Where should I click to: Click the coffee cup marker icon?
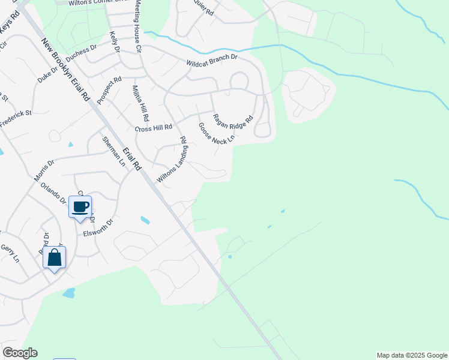80,207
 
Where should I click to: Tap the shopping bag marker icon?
55,257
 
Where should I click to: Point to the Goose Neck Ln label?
216,133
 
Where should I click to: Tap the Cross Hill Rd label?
154,128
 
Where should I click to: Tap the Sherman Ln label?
114,151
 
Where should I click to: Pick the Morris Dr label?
44,170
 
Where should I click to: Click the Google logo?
20,353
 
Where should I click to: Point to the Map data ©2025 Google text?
412,355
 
